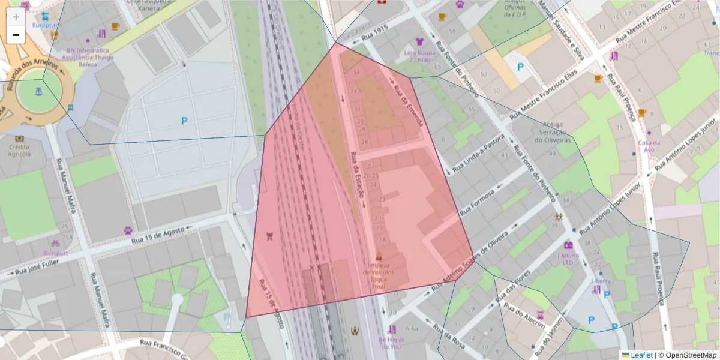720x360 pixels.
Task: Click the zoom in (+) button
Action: [16, 17]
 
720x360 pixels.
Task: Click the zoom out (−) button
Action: [16, 35]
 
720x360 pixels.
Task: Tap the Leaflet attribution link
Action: [641, 355]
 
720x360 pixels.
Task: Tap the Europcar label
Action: [44, 25]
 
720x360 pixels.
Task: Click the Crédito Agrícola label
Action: [19, 150]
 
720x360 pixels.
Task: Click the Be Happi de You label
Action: [390, 343]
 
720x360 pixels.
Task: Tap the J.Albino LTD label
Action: [568, 259]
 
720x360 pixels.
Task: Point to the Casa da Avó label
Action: [649, 146]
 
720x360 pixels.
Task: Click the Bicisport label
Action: [55, 253]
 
